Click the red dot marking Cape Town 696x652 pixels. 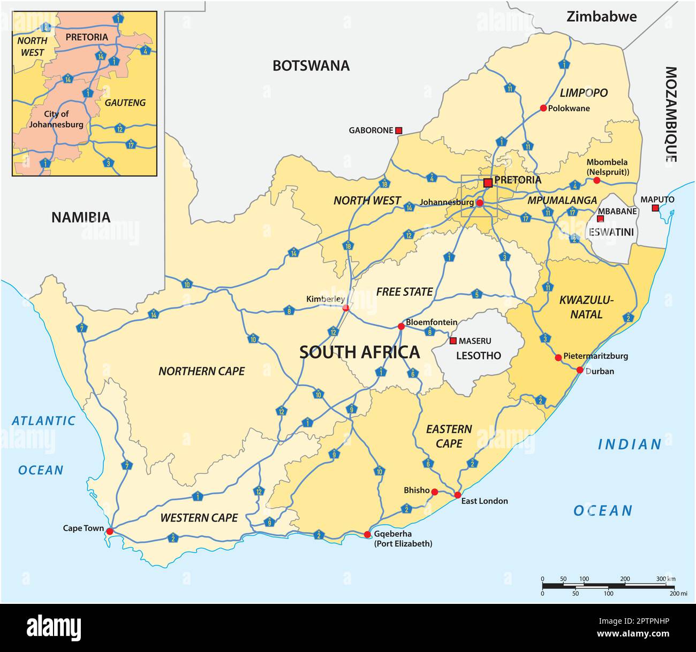click(x=110, y=531)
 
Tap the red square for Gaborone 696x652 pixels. click(x=398, y=130)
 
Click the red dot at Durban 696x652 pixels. click(x=580, y=370)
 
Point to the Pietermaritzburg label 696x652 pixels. click(x=595, y=356)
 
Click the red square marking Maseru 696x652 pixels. click(x=453, y=341)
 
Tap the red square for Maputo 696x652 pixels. click(x=655, y=208)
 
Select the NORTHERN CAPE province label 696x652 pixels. click(x=201, y=371)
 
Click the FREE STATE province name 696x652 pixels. click(x=404, y=292)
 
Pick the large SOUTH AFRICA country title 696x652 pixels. click(x=359, y=352)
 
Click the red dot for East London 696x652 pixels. click(x=457, y=495)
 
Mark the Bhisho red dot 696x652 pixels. click(x=435, y=492)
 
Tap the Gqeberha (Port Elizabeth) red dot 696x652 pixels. click(x=367, y=534)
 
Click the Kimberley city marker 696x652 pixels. click(x=346, y=308)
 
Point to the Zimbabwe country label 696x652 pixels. click(x=602, y=17)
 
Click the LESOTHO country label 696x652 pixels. click(x=479, y=356)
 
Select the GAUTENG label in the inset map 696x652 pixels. click(x=125, y=103)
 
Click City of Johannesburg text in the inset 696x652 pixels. click(x=56, y=119)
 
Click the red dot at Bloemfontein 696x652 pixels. click(x=400, y=326)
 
